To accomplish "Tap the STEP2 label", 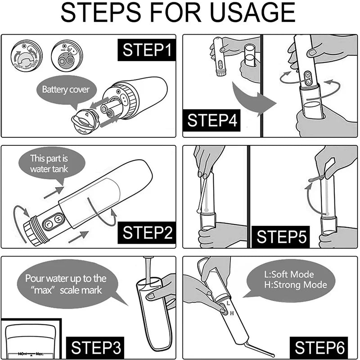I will (147, 233).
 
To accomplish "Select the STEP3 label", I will (97, 347).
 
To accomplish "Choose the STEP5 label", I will (282, 236).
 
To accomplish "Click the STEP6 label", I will (320, 347).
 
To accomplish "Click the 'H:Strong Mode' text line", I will (295, 285).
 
